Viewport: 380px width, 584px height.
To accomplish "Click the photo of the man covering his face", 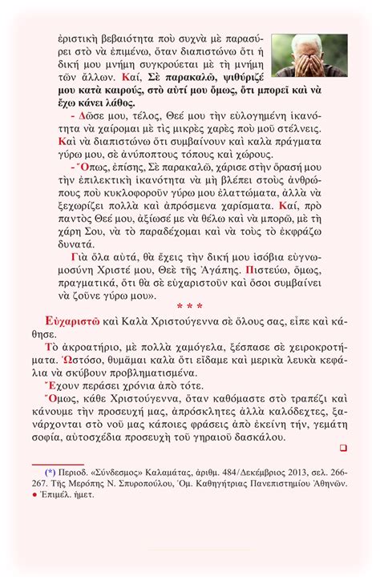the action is [309, 54].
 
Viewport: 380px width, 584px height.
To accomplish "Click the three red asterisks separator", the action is [189, 307].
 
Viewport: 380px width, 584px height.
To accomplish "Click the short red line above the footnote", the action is [57, 464].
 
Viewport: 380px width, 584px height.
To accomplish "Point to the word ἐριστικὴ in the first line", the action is [80, 38].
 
